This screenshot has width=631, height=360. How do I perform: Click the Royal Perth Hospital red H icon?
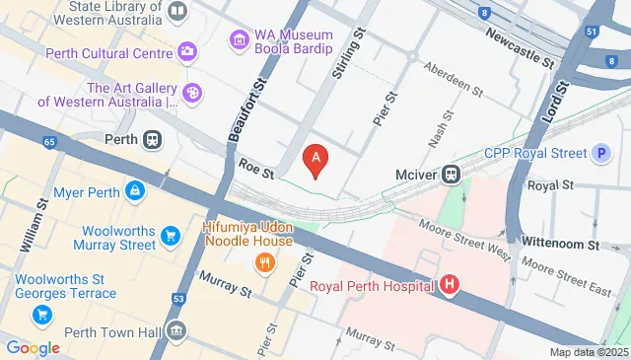coord(450,286)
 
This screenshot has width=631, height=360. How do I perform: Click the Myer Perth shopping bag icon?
coord(135,190)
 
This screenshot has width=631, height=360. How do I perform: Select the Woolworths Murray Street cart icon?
coord(172,235)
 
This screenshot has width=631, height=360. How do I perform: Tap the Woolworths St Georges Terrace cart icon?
coord(41,315)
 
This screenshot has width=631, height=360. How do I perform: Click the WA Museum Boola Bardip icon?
coord(239,40)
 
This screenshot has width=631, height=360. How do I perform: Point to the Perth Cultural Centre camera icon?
coord(187,51)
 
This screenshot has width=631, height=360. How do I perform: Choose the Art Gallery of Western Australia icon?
coord(193,94)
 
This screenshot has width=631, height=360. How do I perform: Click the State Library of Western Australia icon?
coord(177,12)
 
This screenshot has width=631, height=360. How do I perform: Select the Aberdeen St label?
coord(453,79)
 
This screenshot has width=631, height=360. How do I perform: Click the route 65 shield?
coord(50,142)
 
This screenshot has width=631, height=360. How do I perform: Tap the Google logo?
coord(33,347)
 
